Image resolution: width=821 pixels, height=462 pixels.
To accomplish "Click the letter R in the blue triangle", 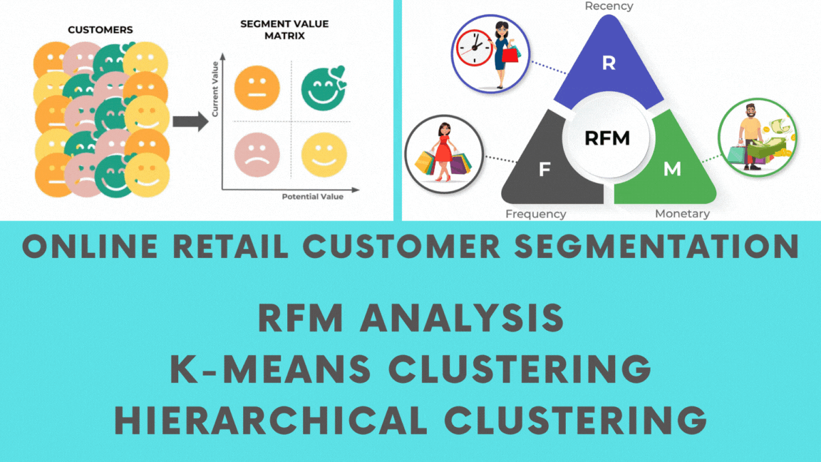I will (608, 63).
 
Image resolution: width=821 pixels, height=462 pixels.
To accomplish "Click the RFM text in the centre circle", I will (607, 138).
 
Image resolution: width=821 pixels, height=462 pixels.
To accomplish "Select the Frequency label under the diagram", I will (536, 214).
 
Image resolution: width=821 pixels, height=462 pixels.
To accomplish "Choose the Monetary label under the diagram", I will (682, 214).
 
